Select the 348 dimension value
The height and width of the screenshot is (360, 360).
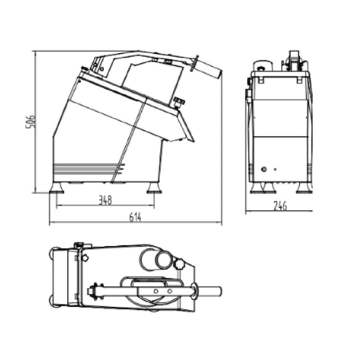coord(105,200)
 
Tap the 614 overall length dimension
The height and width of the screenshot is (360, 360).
coord(135,217)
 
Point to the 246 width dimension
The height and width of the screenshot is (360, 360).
coord(280,206)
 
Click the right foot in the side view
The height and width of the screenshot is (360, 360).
coord(154,188)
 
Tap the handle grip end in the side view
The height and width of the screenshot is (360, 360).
coord(211,70)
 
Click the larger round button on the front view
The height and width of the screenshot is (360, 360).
coord(264,170)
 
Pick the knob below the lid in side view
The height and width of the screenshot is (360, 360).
coord(180,102)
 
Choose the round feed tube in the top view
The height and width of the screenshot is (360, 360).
coord(155,260)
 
